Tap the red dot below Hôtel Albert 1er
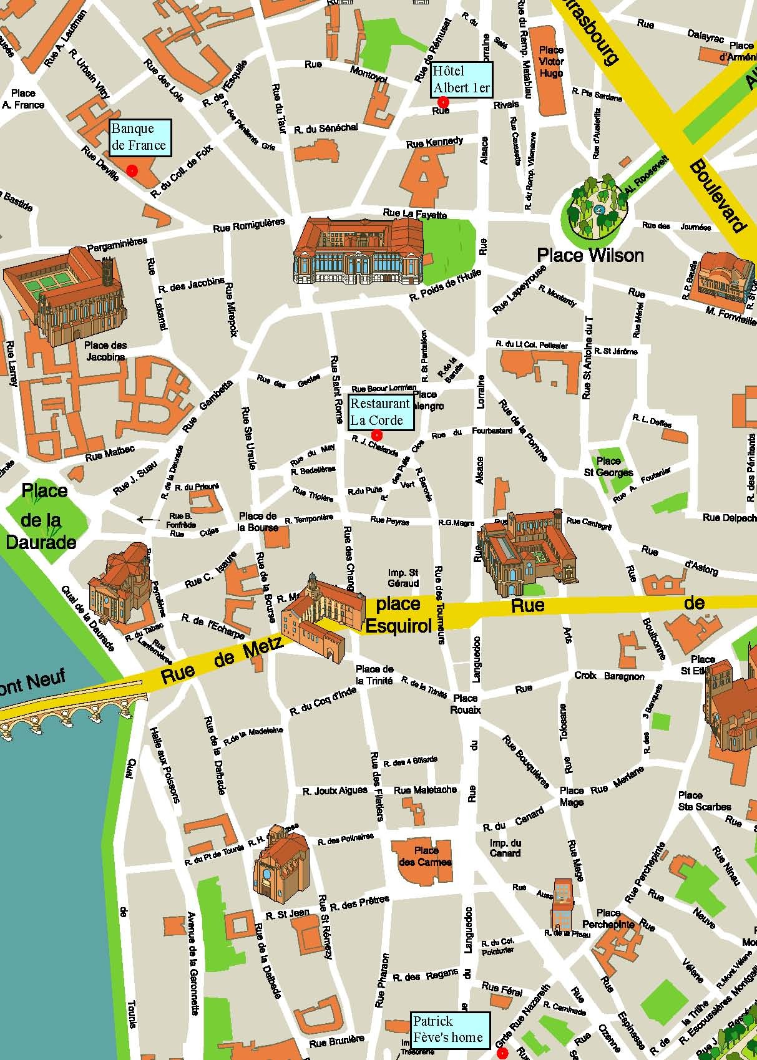[443, 102]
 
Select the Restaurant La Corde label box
[380, 412]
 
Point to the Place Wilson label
[590, 255]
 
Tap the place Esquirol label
[398, 615]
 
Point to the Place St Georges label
[608, 466]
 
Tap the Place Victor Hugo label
[551, 61]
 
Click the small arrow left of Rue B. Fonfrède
[148, 518]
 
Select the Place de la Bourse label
[258, 521]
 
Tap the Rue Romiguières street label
[249, 225]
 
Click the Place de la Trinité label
[374, 674]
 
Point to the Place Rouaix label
[466, 704]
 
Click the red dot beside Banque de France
[132, 170]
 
